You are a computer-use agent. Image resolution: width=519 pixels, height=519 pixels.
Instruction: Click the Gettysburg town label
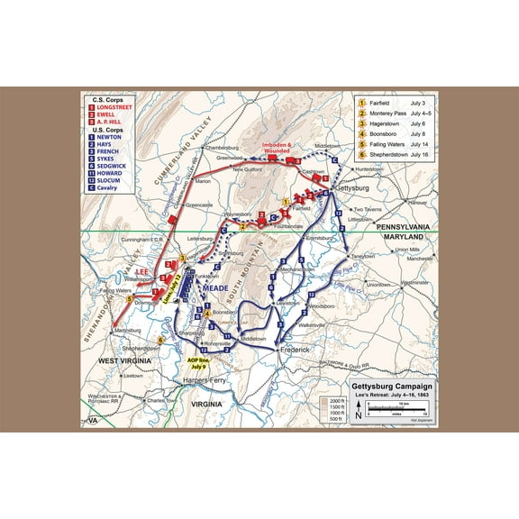coord(352,189)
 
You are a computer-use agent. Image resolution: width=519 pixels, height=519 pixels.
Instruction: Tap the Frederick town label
coord(293,349)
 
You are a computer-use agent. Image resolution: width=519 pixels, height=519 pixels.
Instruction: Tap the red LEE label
coord(143,270)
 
